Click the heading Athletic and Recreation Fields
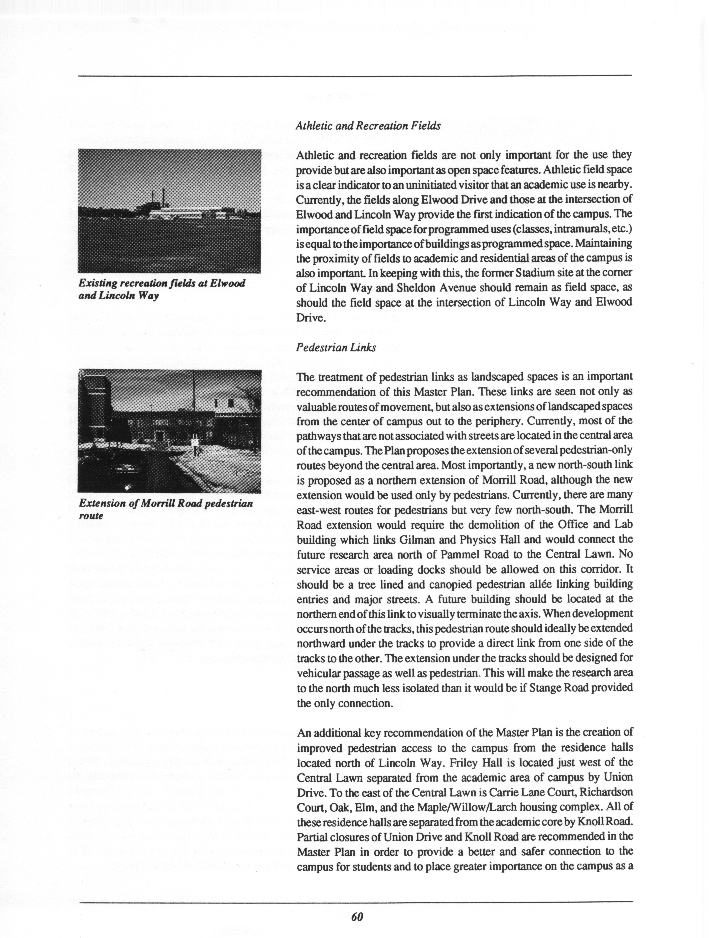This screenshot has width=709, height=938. [x=368, y=126]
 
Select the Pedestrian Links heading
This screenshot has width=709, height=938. [x=336, y=348]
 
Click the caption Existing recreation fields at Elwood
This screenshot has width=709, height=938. [x=162, y=283]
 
